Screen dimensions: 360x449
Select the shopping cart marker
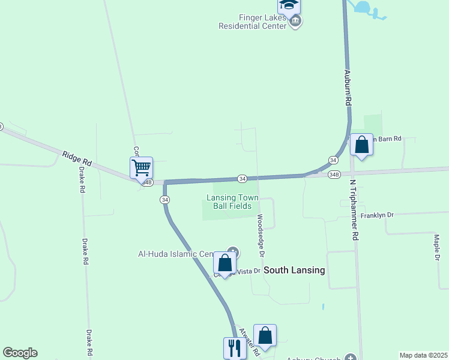coord(142,167)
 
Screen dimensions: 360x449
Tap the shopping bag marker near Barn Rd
coord(361,145)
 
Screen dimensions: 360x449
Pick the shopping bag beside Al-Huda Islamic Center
coord(224,263)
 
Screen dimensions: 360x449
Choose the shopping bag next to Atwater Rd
coord(265,335)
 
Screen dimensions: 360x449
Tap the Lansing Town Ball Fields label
coord(232,202)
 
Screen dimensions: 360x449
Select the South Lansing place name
coord(295,270)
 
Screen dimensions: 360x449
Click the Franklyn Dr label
coord(377,215)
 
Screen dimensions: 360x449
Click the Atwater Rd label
coord(248,340)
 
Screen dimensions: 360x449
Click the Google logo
coord(20,353)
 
